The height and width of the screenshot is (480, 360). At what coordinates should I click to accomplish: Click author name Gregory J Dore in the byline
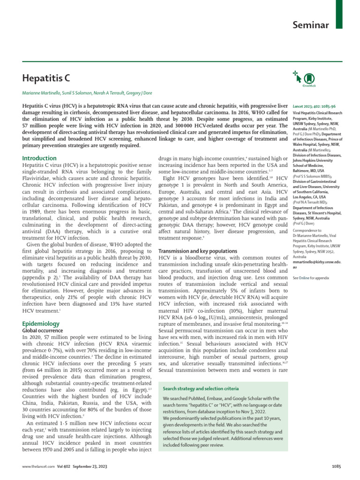(x=136, y=93)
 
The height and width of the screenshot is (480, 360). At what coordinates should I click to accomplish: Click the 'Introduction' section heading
(x=40, y=158)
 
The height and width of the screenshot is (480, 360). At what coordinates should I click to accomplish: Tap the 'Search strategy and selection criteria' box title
(x=201, y=389)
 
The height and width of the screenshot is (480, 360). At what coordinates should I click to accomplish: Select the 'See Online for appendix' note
(x=311, y=278)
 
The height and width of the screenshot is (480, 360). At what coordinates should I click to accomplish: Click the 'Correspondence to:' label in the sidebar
(x=308, y=231)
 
